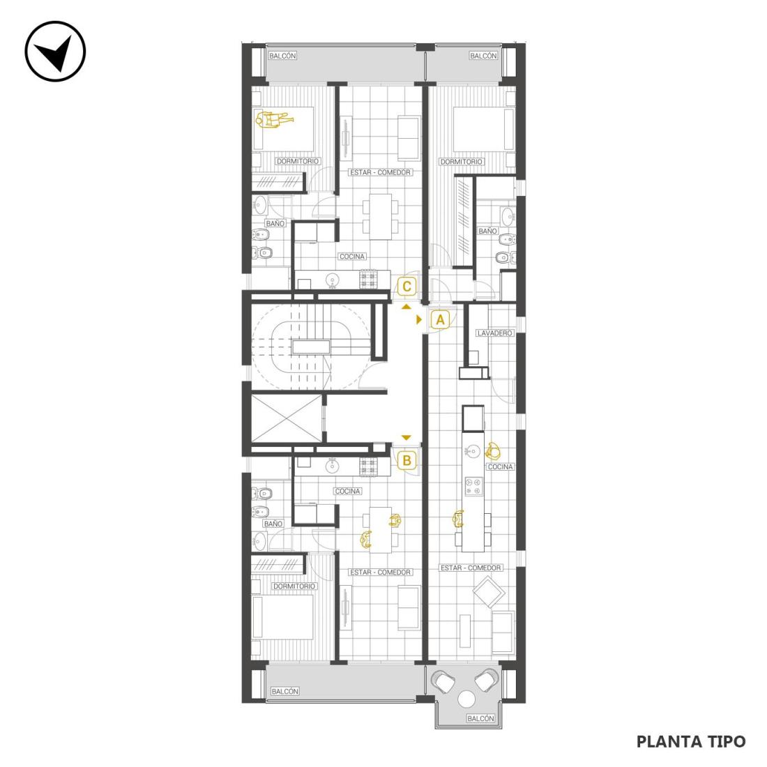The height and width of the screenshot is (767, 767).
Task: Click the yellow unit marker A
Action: [440, 320]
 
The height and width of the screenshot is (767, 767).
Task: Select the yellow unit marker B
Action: [407, 460]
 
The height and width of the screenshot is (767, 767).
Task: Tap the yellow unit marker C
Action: [407, 286]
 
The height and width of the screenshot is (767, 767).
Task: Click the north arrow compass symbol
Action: [55, 51]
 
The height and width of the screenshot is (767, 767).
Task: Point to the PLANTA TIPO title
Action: [691, 742]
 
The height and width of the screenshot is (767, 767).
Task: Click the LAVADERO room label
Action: [494, 333]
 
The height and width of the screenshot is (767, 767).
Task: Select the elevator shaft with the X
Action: [286, 419]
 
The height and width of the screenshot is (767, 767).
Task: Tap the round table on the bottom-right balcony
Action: [466, 699]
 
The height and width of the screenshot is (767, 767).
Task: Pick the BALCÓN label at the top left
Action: [282, 56]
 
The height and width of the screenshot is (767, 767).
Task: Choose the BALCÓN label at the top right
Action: [483, 56]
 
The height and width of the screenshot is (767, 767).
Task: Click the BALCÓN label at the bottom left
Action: [284, 691]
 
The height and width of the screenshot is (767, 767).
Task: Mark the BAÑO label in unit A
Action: [487, 231]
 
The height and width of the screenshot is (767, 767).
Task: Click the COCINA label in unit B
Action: [348, 491]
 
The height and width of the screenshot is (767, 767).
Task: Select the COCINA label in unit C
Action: [352, 257]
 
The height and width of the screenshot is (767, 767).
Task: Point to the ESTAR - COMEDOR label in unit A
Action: [471, 568]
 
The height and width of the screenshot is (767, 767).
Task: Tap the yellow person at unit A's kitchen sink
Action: [492, 450]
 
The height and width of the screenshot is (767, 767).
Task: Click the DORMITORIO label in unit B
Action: [294, 586]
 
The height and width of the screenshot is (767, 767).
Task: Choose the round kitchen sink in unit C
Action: [333, 280]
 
